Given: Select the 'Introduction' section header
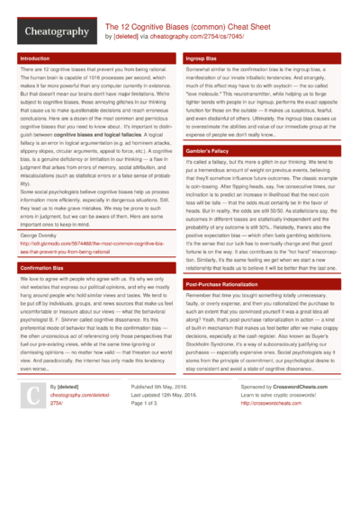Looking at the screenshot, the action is click(x=35, y=58).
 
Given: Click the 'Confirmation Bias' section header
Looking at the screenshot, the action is click(x=40, y=268).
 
